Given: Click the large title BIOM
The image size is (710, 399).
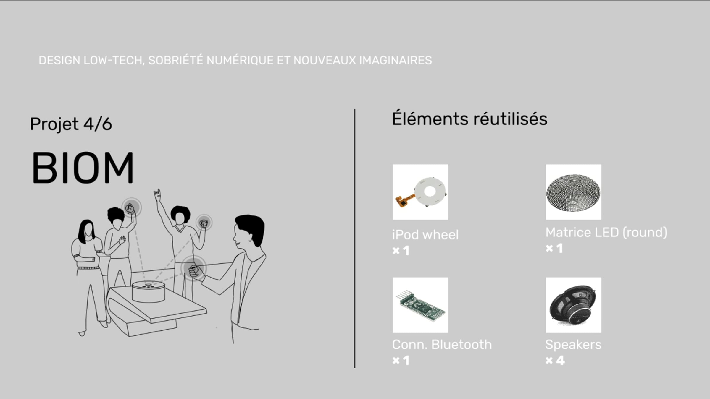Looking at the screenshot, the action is point(83,168).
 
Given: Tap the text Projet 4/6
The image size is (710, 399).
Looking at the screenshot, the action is point(71,124).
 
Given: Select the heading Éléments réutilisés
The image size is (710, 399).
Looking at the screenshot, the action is point(469,119).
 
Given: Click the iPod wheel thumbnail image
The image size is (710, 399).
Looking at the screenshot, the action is point(420,192).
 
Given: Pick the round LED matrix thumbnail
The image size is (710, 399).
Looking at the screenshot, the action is point(573,192).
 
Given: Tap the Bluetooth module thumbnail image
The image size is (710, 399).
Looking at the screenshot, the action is point(420,305).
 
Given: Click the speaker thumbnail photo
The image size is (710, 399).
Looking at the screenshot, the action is point(573,305).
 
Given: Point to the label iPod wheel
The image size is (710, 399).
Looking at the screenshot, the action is point(425,235).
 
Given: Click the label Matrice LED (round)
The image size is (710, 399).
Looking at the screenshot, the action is point(606,233).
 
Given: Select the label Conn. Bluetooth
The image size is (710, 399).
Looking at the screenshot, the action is point(442,345).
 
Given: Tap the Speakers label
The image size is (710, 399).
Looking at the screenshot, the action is point(573,345).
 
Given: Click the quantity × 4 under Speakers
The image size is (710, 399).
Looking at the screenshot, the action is point(555,361).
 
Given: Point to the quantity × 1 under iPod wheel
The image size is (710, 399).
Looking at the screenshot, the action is point(401,251).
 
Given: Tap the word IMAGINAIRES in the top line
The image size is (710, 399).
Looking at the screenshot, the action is point(396,61).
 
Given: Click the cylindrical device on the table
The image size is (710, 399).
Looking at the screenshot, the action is point(148,292).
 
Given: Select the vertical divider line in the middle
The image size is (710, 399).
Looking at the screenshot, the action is point(355,239).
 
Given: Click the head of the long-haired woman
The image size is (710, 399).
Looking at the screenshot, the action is point(86,229).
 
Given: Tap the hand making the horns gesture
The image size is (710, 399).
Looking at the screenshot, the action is point(157,195).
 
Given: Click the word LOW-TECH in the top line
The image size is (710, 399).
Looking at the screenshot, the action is point(114,61).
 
